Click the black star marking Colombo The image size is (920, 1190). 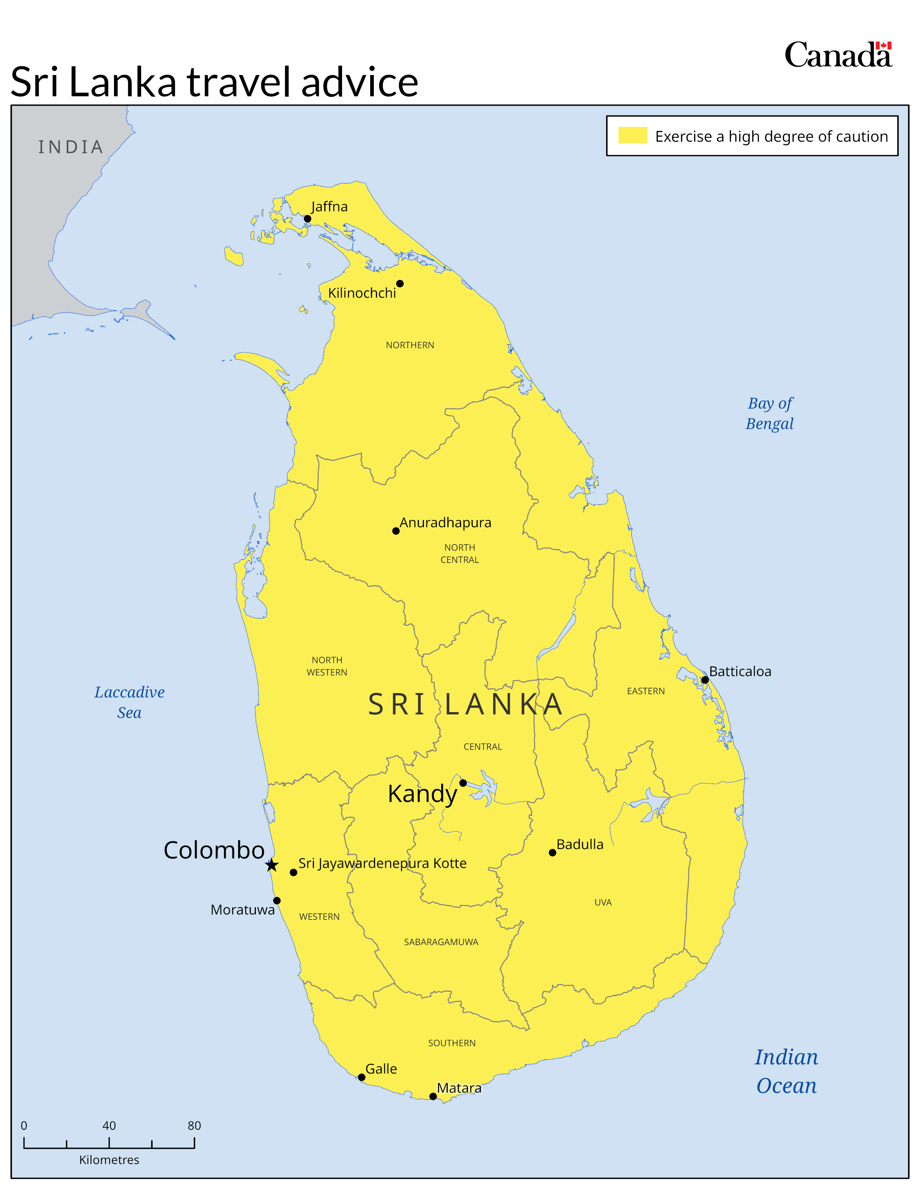271,865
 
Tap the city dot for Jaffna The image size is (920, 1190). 307,219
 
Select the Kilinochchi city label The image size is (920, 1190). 362,293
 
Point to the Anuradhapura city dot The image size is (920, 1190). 396,531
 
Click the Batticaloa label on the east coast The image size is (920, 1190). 740,671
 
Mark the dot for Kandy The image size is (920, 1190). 463,783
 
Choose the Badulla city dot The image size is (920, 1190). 552,853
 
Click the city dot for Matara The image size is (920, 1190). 433,1096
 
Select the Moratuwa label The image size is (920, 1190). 242,909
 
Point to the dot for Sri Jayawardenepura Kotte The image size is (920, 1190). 293,872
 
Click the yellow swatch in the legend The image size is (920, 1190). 632,135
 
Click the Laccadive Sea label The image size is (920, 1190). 129,702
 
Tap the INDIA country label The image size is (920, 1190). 71,147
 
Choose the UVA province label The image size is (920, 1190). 603,902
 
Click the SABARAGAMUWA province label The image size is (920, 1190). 441,942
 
